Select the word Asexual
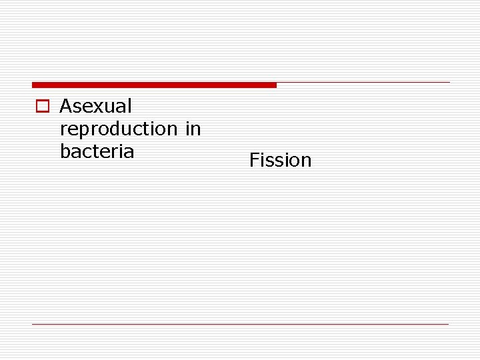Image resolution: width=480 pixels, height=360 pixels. click(96, 106)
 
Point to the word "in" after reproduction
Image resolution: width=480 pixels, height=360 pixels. click(193, 128)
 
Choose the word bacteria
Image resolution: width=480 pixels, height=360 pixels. click(97, 151)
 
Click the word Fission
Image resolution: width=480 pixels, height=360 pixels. click(280, 160)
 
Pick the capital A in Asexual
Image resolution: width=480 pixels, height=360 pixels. click(66, 106)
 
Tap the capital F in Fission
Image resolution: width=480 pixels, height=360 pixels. click(254, 160)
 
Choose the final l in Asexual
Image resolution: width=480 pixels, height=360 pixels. click(129, 106)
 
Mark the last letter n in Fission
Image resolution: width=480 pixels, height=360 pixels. click(306, 161)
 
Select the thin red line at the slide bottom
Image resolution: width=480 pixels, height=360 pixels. click(240, 325)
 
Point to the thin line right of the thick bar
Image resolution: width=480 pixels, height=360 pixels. click(363, 83)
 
